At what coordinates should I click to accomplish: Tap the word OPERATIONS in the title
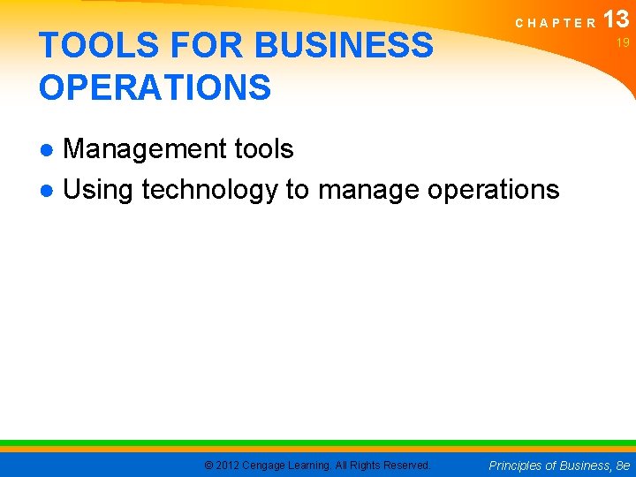pyautogui.click(x=155, y=87)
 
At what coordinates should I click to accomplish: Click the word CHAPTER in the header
pyautogui.click(x=556, y=24)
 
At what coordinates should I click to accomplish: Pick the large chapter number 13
pyautogui.click(x=617, y=19)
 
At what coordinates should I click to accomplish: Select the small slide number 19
pyautogui.click(x=623, y=42)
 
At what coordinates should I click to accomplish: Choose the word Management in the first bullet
pyautogui.click(x=145, y=149)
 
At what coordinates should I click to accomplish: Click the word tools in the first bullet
pyautogui.click(x=264, y=149)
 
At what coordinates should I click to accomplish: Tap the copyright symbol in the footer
pyautogui.click(x=208, y=465)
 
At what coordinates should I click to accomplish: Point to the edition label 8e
pyautogui.click(x=625, y=465)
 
